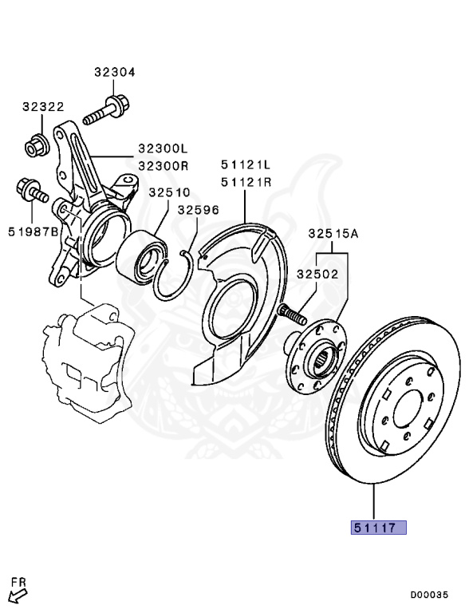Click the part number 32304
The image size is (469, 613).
coord(114,72)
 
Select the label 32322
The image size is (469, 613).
coord(43,106)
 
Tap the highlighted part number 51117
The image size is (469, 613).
coord(374,528)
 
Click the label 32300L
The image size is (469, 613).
coord(162,148)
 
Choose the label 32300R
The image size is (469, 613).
coord(162,165)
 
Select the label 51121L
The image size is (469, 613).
coord(246,164)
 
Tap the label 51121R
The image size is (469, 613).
coord(246,181)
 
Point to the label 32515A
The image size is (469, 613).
coord(333,234)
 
